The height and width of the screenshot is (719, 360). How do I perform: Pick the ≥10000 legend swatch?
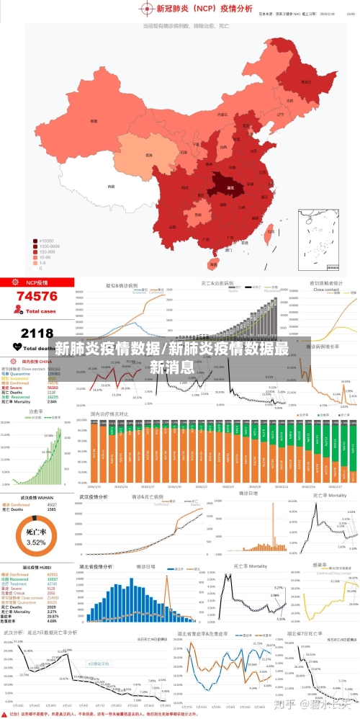(35, 241)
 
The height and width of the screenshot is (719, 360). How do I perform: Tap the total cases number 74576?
(37, 296)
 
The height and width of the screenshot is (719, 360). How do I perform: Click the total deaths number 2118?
(37, 333)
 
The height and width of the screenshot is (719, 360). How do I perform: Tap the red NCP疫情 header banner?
(37, 282)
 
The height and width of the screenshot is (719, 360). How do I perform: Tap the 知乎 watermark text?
(287, 702)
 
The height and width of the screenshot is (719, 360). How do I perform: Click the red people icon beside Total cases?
(18, 311)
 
